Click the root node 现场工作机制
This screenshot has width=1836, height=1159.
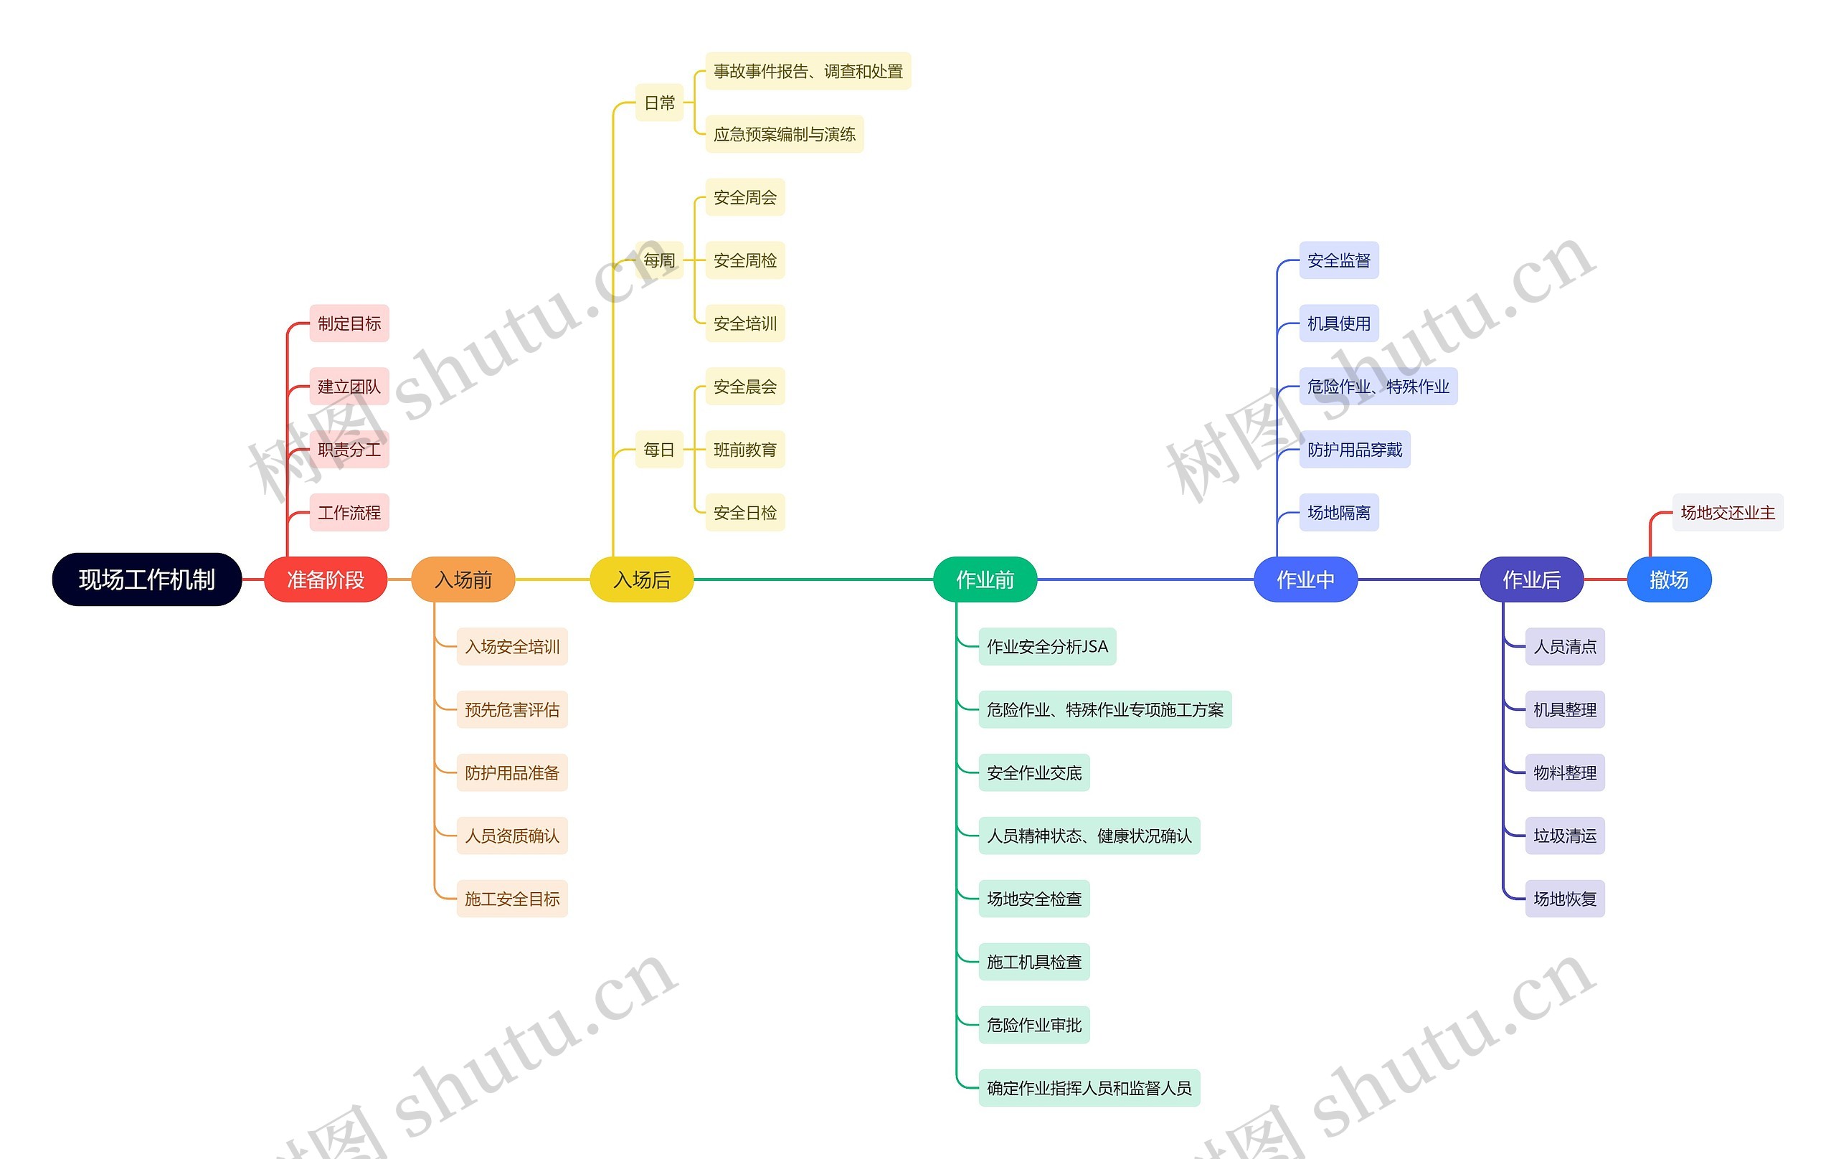(x=146, y=579)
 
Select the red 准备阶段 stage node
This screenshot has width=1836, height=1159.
(x=326, y=579)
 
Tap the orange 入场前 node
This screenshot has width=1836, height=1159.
(x=463, y=579)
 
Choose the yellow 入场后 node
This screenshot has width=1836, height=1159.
(x=642, y=579)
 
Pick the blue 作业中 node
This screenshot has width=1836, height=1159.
(x=1305, y=579)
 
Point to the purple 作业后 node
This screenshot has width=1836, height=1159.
(x=1531, y=579)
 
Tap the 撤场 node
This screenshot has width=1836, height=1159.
(x=1669, y=579)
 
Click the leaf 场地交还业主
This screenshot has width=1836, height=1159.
(x=1728, y=512)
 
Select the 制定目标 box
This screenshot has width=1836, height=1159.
(x=349, y=323)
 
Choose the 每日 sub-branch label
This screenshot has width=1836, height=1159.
(x=660, y=450)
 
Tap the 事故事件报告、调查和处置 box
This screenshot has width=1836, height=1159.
(x=808, y=71)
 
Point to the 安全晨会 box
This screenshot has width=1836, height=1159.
(x=745, y=387)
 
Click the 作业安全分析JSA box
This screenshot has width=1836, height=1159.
(x=1047, y=647)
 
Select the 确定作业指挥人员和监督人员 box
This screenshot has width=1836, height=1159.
(x=1089, y=1088)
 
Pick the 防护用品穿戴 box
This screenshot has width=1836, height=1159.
(x=1355, y=450)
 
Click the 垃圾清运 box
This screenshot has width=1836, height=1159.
(x=1565, y=836)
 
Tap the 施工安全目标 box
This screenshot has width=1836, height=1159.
(x=512, y=899)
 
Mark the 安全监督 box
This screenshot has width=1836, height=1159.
(x=1339, y=261)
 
